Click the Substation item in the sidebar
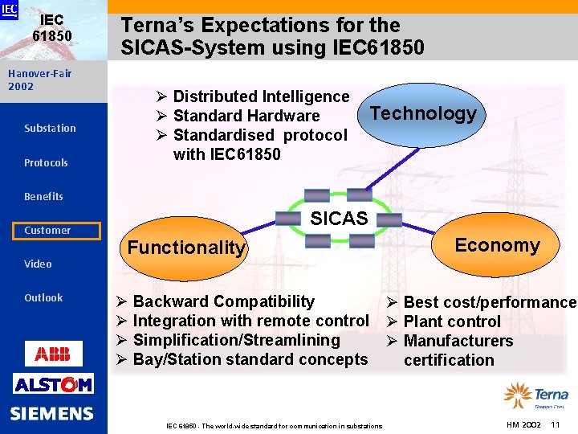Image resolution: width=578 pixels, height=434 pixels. (50, 129)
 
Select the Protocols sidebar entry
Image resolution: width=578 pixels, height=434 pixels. (46, 162)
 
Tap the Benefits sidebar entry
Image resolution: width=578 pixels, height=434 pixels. (43, 196)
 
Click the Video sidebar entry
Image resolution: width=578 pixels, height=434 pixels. (38, 264)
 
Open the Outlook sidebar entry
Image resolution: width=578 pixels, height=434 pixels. (43, 297)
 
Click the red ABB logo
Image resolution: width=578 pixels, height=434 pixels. (53, 353)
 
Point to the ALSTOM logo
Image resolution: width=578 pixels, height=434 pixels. (53, 385)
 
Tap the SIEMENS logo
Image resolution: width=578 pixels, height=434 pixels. (52, 414)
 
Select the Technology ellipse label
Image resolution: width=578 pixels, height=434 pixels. (423, 113)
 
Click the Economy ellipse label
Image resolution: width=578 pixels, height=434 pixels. (497, 245)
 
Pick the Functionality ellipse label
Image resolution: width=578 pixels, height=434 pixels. (185, 248)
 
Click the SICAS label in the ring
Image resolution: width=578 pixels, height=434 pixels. (338, 218)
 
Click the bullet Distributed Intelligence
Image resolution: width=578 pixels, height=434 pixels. (261, 96)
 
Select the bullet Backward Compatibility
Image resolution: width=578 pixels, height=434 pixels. (223, 301)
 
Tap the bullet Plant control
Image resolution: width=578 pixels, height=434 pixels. (451, 321)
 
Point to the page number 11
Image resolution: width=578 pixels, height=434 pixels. (555, 424)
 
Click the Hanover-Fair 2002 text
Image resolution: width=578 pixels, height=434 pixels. (39, 80)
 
